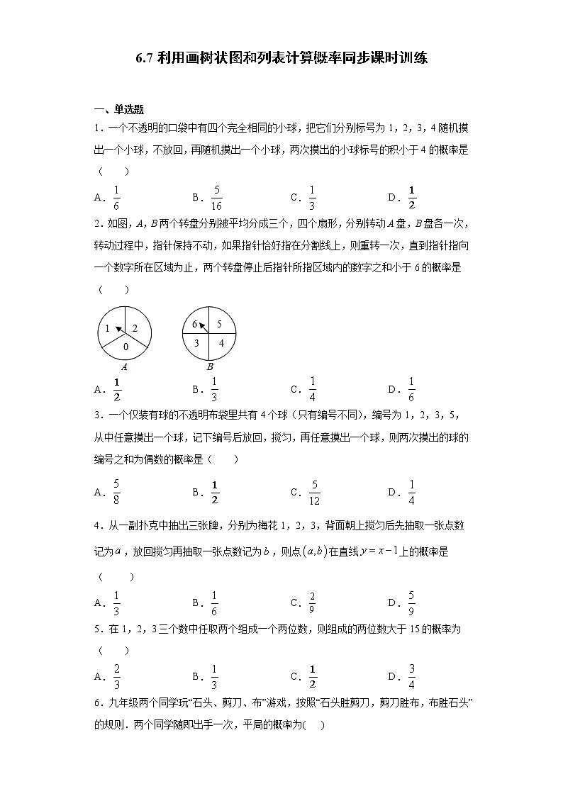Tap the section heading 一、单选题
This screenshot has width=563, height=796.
coord(119,109)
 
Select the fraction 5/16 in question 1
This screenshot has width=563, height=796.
coord(216,198)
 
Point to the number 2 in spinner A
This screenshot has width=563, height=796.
coord(135,328)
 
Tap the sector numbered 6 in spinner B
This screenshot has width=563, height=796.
coord(194,324)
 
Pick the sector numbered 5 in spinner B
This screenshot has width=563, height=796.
coord(219,324)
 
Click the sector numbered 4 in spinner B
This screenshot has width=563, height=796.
coord(220,342)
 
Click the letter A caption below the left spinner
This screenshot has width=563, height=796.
coord(124,366)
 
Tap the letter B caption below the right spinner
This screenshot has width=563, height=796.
coord(210,366)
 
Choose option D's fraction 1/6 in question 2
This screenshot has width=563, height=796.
coord(411,389)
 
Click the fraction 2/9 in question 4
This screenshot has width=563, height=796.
coord(313,602)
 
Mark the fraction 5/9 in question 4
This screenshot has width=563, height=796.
coord(411,602)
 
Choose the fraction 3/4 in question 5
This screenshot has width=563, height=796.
coord(411,676)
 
